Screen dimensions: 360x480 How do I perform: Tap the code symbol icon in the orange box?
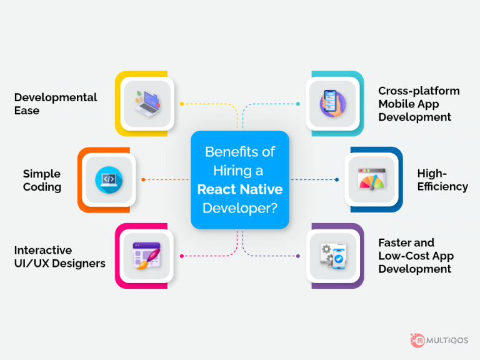[x=108, y=179]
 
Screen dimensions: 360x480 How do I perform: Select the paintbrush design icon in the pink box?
[x=147, y=256]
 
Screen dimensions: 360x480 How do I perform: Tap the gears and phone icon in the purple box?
[x=332, y=256]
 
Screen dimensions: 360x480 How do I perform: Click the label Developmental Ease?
[x=56, y=104]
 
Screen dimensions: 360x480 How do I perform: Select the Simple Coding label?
[x=42, y=180]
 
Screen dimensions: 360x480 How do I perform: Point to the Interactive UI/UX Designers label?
[x=59, y=256]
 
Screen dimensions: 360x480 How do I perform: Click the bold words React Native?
[x=240, y=189]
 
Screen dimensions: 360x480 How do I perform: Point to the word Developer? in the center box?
[x=240, y=208]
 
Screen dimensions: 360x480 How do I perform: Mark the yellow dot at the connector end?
[x=181, y=104]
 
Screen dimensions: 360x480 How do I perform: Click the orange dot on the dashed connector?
[x=143, y=180]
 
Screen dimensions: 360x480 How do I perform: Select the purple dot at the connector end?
[x=298, y=256]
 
